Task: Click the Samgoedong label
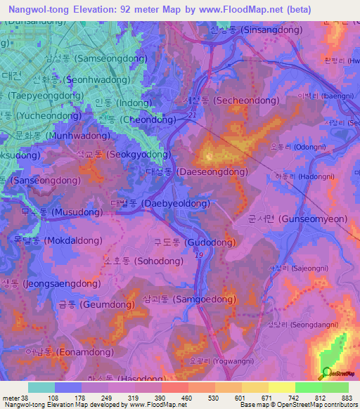pos(189,299)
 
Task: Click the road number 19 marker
pos(199,254)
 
